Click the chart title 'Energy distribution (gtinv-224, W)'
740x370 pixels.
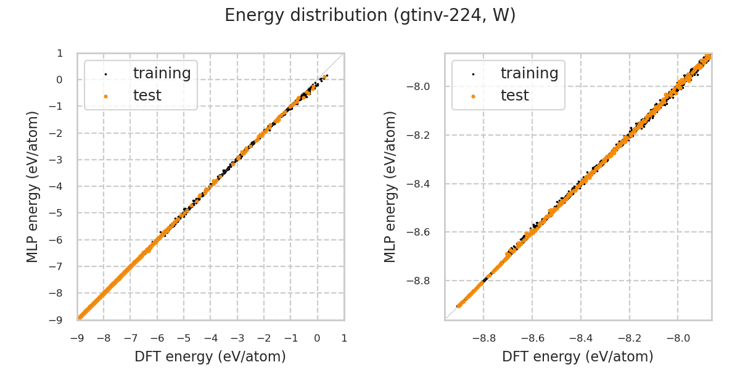point(370,15)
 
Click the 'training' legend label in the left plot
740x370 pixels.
point(162,73)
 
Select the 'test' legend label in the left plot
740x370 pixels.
point(147,96)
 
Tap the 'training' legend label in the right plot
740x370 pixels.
point(529,73)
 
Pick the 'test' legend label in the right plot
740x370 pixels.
point(514,96)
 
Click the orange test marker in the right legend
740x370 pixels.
point(473,96)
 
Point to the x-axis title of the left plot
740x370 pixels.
point(210,356)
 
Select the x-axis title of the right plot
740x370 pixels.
point(578,356)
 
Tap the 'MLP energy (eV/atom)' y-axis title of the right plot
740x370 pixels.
point(390,186)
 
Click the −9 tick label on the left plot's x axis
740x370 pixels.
point(77,338)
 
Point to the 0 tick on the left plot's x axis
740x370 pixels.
point(318,338)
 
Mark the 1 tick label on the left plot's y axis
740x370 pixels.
point(60,53)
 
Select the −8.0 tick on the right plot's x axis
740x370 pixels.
point(678,338)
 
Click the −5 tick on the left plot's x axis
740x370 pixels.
point(184,338)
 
